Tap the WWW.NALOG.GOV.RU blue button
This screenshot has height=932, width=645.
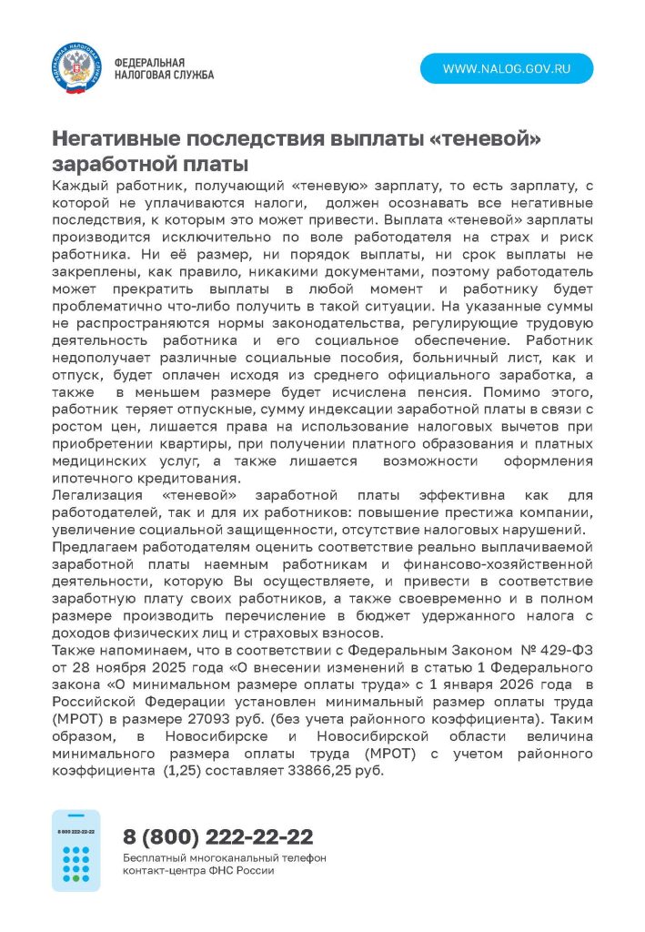[506, 69]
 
